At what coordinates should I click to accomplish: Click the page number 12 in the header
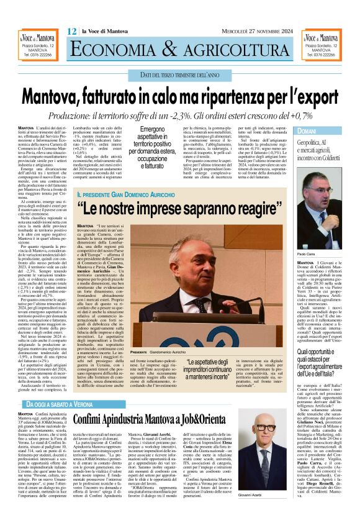pos(72,31)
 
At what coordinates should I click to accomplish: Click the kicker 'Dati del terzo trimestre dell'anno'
pos(180,75)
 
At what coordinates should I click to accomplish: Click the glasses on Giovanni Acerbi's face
pos(267,426)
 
